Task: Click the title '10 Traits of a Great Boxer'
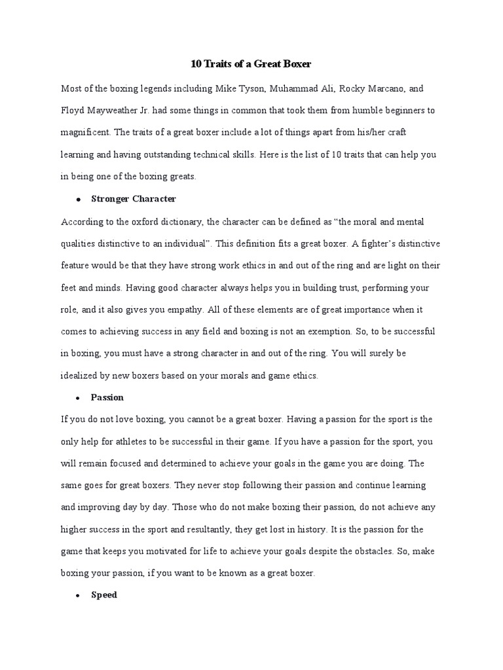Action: tap(251, 65)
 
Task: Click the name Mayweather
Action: tap(122, 110)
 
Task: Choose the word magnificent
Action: tap(84, 132)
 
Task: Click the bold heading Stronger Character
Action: tap(134, 198)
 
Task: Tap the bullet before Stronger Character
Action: tap(77, 199)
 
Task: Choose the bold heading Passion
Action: tap(107, 397)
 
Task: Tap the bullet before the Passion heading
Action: tap(77, 398)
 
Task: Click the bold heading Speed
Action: tap(104, 595)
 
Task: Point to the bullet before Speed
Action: tap(77, 596)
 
